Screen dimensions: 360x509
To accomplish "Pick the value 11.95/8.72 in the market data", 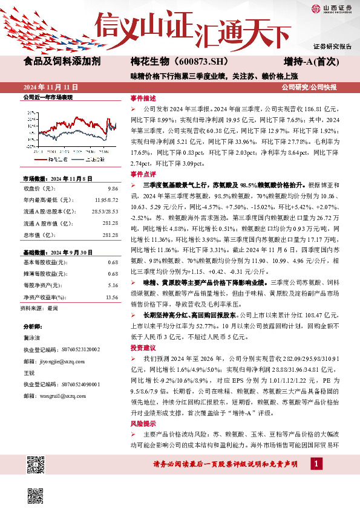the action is pyautogui.click(x=106, y=199).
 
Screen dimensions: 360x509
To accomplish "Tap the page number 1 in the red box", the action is pyautogui.click(x=315, y=463).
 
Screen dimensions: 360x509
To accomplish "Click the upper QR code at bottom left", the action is pyautogui.click(x=34, y=464).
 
